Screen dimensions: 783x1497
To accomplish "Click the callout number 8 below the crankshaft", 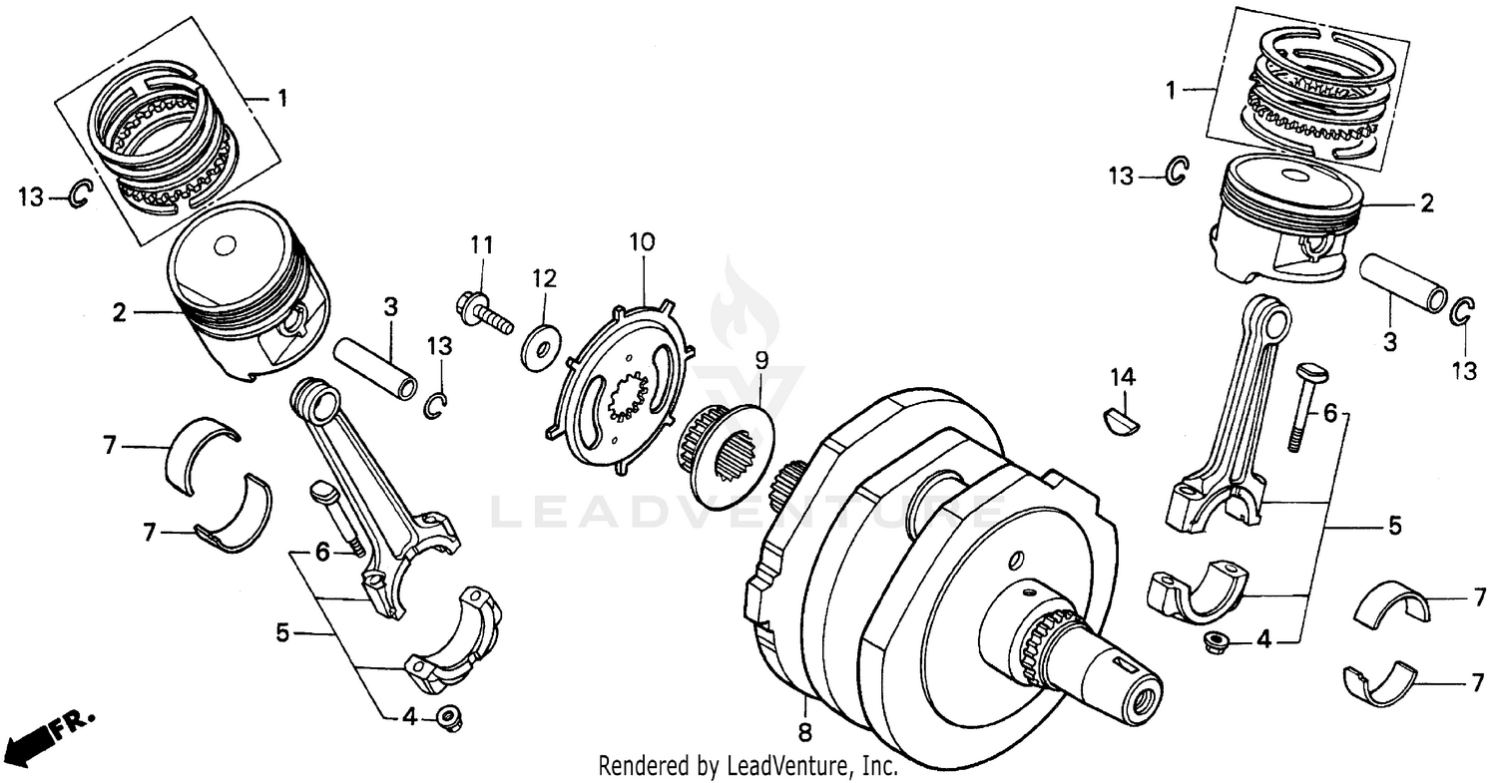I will coord(804,731).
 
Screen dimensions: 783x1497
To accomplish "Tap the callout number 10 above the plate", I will coord(642,241).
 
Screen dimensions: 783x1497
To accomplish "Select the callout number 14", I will coord(1123,376).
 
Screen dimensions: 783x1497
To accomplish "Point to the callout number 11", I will coord(482,244).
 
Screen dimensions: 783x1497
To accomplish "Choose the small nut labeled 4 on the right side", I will coord(1215,639).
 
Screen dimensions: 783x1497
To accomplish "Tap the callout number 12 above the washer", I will coord(544,276).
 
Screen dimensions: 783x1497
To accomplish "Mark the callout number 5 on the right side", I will coord(1394,524).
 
